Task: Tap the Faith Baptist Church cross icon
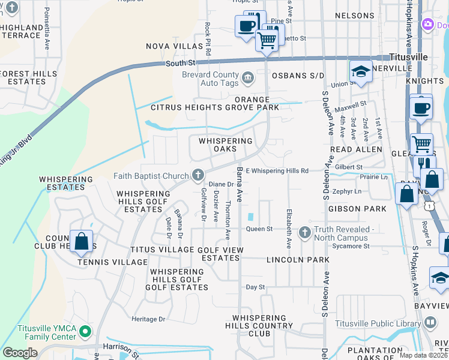[197, 175]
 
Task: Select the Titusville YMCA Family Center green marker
[86, 331]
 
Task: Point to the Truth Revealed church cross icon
[304, 233]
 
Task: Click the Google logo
[20, 353]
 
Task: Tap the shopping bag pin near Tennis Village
[81, 242]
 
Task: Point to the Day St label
[255, 287]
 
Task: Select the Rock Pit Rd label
[207, 40]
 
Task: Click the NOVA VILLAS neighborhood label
[175, 46]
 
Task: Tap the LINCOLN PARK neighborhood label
[304, 260]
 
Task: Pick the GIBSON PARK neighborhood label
[357, 209]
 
